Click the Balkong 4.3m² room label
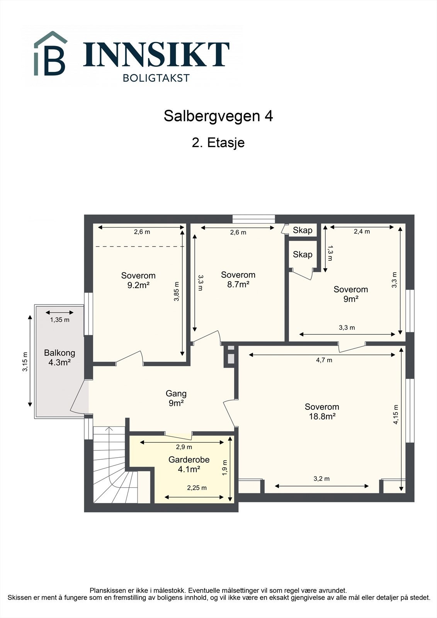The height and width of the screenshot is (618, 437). (x=60, y=357)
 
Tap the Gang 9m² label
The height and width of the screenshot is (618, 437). (x=176, y=398)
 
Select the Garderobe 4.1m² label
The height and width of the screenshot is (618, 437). (x=189, y=464)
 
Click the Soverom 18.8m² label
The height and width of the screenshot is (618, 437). (x=322, y=411)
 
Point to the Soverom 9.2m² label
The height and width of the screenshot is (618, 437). (x=138, y=280)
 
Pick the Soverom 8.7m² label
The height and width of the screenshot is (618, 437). (x=238, y=279)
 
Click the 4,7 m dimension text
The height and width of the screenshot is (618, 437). (x=324, y=360)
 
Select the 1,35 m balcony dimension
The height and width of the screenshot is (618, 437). (x=60, y=320)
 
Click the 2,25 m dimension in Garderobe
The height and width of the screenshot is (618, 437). (x=197, y=488)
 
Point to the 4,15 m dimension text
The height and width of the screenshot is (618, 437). (x=395, y=414)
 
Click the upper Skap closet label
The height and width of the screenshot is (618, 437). (x=303, y=230)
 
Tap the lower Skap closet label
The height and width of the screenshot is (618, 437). (x=303, y=254)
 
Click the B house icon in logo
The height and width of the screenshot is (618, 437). (x=50, y=54)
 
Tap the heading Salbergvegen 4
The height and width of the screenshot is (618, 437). (x=218, y=116)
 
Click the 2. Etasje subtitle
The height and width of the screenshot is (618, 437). (x=218, y=143)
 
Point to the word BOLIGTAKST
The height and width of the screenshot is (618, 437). (x=156, y=78)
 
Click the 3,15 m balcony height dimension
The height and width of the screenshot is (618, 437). (x=25, y=362)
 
